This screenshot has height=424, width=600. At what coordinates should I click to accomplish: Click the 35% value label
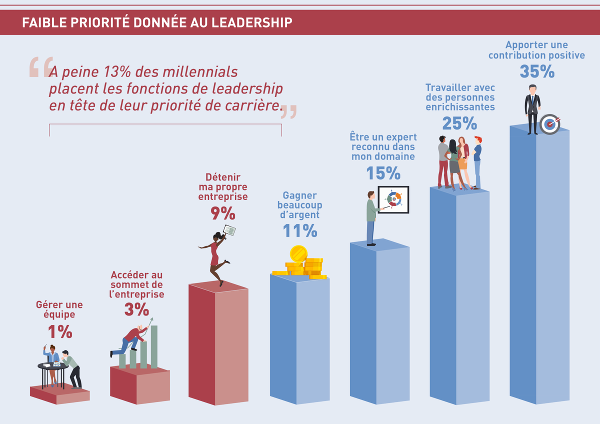pos(537,71)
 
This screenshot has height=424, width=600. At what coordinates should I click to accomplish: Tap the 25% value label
pos(459,123)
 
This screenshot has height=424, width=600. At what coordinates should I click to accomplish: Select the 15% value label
pos(383,173)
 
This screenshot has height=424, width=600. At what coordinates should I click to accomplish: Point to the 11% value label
pos(300,230)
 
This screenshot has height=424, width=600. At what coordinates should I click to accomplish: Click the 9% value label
pos(223,213)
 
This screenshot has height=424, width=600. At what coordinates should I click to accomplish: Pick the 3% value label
pos(136,309)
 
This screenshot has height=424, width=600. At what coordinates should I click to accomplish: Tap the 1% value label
pos(60,332)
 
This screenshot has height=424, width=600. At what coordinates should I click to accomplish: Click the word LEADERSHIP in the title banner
pos(252,22)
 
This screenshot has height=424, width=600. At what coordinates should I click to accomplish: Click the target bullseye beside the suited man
pos(550,124)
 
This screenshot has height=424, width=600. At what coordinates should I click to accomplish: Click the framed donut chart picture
pos(393,199)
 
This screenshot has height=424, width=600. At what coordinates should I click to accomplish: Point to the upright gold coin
pos(298,253)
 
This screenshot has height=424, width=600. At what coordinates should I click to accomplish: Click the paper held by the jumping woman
pos(229,230)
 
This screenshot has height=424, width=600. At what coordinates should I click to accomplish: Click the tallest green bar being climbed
pos(154,347)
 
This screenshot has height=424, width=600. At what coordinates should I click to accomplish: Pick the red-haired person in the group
pos(477,162)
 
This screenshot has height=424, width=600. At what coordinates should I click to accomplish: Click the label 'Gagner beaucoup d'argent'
pos(299,205)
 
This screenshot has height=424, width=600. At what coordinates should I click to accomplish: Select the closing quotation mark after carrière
pos(289,111)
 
